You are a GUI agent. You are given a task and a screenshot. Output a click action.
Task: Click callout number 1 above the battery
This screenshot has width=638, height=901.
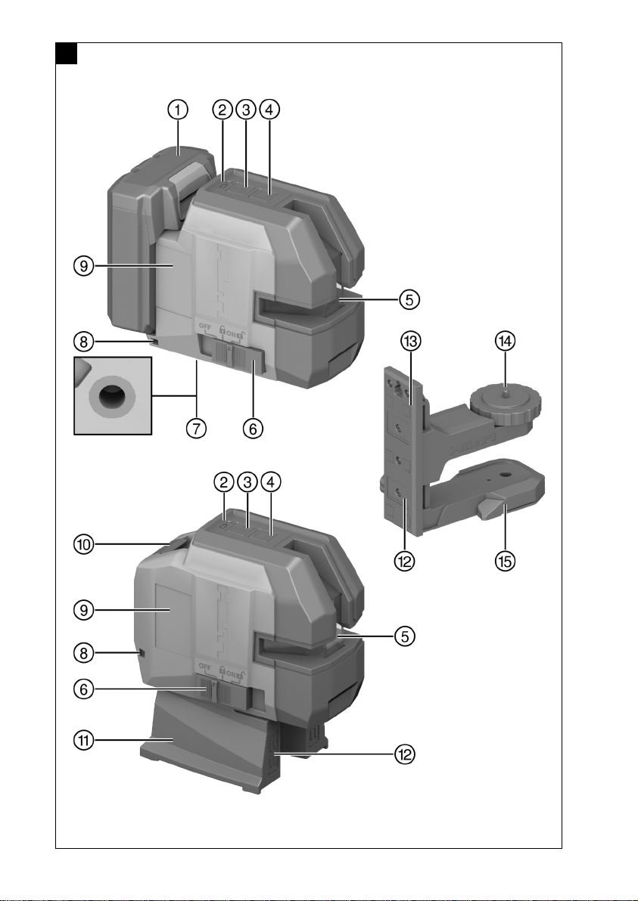pyautogui.click(x=179, y=109)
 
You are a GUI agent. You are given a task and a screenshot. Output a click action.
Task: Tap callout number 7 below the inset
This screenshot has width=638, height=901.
pyautogui.click(x=196, y=428)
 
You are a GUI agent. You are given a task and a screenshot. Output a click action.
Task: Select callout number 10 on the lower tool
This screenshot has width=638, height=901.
pyautogui.click(x=84, y=544)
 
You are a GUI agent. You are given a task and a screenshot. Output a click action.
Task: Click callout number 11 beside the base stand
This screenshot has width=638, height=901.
pyautogui.click(x=84, y=741)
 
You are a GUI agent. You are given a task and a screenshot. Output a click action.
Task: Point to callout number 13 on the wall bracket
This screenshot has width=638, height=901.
pyautogui.click(x=411, y=341)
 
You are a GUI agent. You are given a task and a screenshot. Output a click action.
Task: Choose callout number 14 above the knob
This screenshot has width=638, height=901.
pyautogui.click(x=505, y=341)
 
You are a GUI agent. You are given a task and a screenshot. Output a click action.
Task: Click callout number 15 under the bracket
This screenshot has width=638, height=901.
pyautogui.click(x=505, y=561)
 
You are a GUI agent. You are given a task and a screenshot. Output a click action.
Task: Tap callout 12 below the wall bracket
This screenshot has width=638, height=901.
pyautogui.click(x=404, y=561)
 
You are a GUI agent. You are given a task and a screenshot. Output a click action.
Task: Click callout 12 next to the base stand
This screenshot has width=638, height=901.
pyautogui.click(x=404, y=754)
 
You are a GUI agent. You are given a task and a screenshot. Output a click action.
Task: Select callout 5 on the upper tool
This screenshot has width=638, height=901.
pyautogui.click(x=409, y=299)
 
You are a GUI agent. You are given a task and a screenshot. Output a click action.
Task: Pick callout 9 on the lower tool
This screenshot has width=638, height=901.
pyautogui.click(x=84, y=610)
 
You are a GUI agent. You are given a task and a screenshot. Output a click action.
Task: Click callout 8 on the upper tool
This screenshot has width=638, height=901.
pyautogui.click(x=84, y=342)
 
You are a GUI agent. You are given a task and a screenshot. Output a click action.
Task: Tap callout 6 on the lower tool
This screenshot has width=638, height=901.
pyautogui.click(x=84, y=689)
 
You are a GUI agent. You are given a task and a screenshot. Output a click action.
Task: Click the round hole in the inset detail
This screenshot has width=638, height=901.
pyautogui.click(x=112, y=396)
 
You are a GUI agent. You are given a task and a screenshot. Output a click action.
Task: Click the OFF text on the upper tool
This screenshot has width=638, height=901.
pyautogui.click(x=206, y=326)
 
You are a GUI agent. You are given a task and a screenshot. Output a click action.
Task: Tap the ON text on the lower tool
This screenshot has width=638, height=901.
pyautogui.click(x=232, y=673)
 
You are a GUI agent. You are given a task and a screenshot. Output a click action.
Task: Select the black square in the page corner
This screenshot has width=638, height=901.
pyautogui.click(x=67, y=54)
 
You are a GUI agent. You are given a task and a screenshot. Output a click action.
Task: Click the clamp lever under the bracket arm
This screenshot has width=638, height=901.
pyautogui.click(x=493, y=507)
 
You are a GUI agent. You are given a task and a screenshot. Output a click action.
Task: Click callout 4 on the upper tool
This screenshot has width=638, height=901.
pyautogui.click(x=270, y=109)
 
